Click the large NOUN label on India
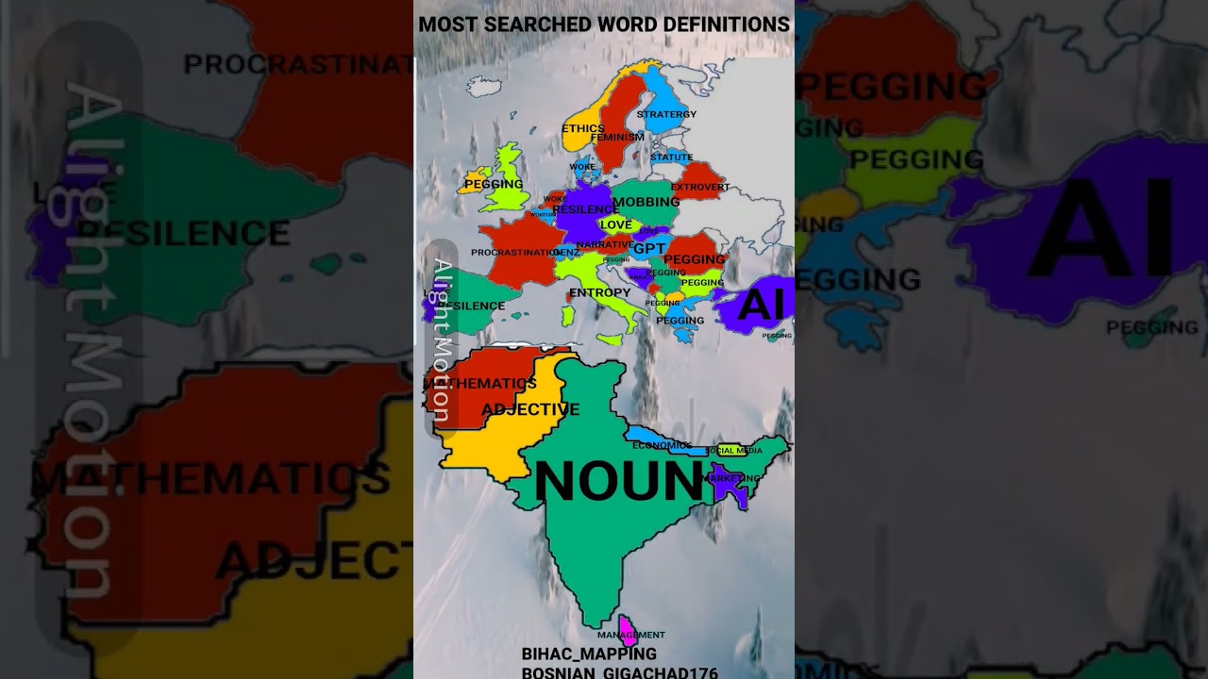pyautogui.click(x=618, y=481)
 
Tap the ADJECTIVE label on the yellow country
pyautogui.click(x=530, y=409)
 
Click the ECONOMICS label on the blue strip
pyautogui.click(x=662, y=445)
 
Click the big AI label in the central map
pyautogui.click(x=761, y=306)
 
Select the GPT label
pyautogui.click(x=649, y=249)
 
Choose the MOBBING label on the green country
pyautogui.click(x=646, y=202)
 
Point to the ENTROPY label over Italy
pyautogui.click(x=599, y=293)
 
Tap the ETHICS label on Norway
pyautogui.click(x=582, y=128)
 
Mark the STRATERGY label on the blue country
pyautogui.click(x=666, y=114)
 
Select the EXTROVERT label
pyautogui.click(x=699, y=187)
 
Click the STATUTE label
pyautogui.click(x=671, y=157)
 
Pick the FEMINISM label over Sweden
pyautogui.click(x=617, y=137)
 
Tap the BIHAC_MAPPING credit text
pyautogui.click(x=589, y=654)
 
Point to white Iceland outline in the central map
pyautogui.click(x=483, y=87)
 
